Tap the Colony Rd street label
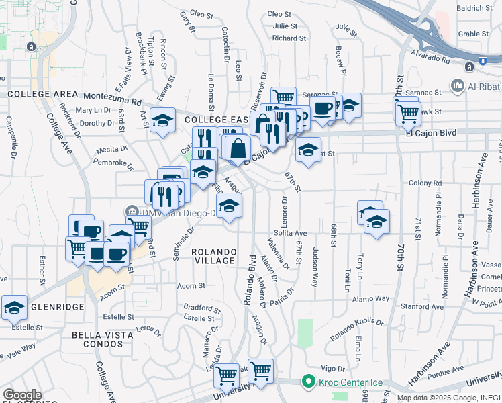click(x=423, y=183)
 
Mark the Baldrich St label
click(x=474, y=8)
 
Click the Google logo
click(x=22, y=394)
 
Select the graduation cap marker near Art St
click(x=162, y=120)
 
